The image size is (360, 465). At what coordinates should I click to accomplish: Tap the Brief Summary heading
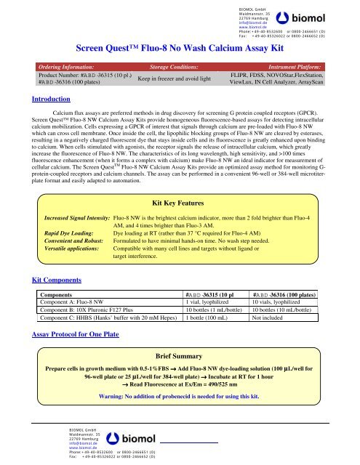click(180, 338)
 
